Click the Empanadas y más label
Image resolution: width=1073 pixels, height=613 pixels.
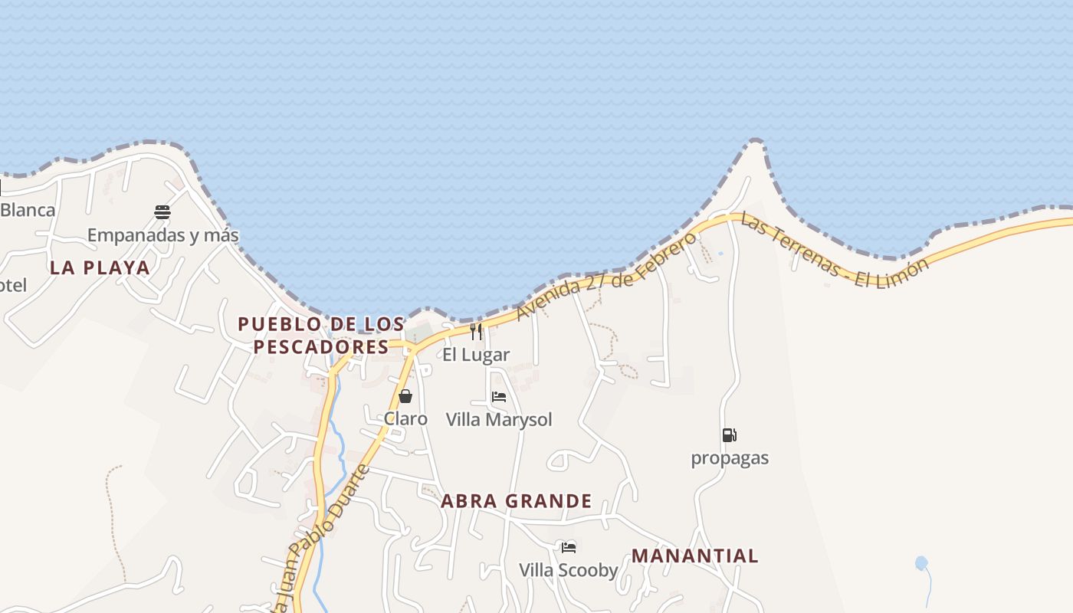(x=162, y=234)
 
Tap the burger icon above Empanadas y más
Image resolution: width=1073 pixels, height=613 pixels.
(x=162, y=211)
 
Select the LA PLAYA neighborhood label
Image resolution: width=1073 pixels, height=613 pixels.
(x=100, y=267)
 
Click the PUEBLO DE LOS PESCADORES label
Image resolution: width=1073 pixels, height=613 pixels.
(x=321, y=335)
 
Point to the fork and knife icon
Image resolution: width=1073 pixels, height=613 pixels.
(x=476, y=332)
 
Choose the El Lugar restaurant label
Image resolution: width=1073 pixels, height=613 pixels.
(x=476, y=355)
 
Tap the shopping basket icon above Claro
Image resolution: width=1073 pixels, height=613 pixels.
(x=405, y=396)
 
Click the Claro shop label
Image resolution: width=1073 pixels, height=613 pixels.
(x=405, y=418)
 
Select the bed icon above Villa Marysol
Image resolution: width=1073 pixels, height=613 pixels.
(x=499, y=397)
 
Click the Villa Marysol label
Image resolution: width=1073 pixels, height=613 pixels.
(x=499, y=420)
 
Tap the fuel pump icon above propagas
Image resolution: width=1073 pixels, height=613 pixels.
(x=729, y=435)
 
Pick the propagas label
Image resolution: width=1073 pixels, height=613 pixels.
(x=730, y=458)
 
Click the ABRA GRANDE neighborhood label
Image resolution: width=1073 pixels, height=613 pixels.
(x=516, y=501)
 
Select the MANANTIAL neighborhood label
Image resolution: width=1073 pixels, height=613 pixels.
(x=694, y=556)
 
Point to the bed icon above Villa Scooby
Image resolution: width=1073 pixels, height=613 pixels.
(x=568, y=547)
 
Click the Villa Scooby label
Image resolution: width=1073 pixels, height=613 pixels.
(x=568, y=570)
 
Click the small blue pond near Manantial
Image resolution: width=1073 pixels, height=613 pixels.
(x=921, y=563)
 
